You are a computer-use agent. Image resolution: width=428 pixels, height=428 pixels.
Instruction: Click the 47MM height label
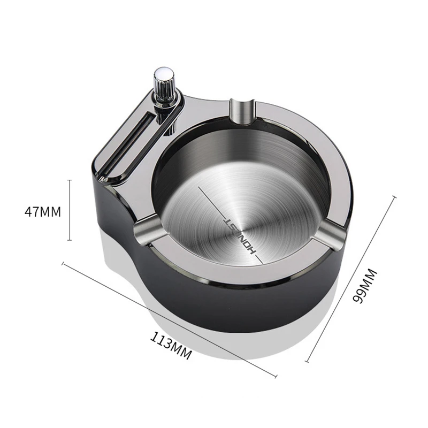point(43,211)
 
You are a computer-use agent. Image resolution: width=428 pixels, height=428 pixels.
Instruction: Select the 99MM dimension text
point(369,286)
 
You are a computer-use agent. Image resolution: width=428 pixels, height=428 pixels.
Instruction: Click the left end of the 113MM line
point(63,263)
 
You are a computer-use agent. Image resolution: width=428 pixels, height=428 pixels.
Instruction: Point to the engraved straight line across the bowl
point(214,198)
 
